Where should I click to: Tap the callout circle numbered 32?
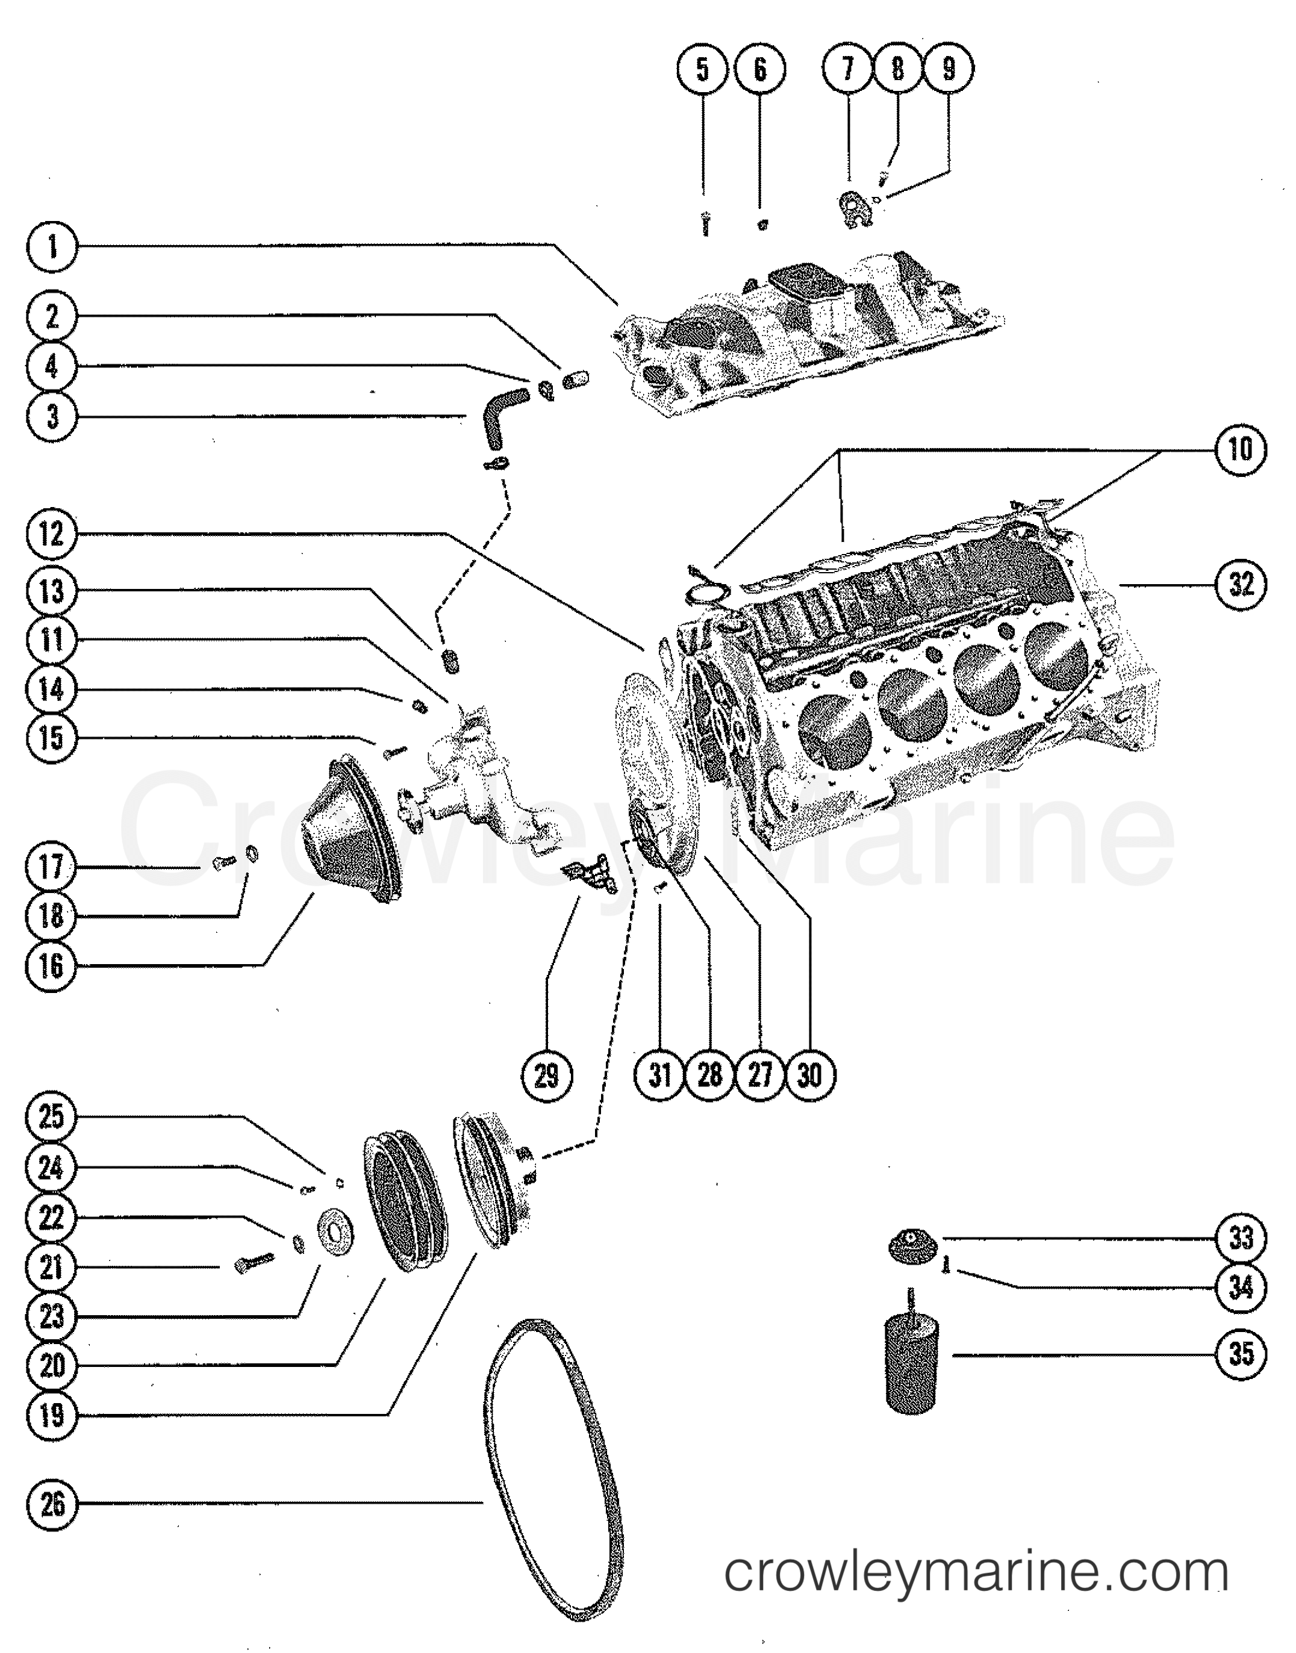pos(1241,584)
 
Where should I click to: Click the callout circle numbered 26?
pos(52,1504)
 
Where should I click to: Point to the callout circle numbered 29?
pos(546,1075)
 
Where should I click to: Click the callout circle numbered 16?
pos(52,966)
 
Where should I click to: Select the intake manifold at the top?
pos(805,326)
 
